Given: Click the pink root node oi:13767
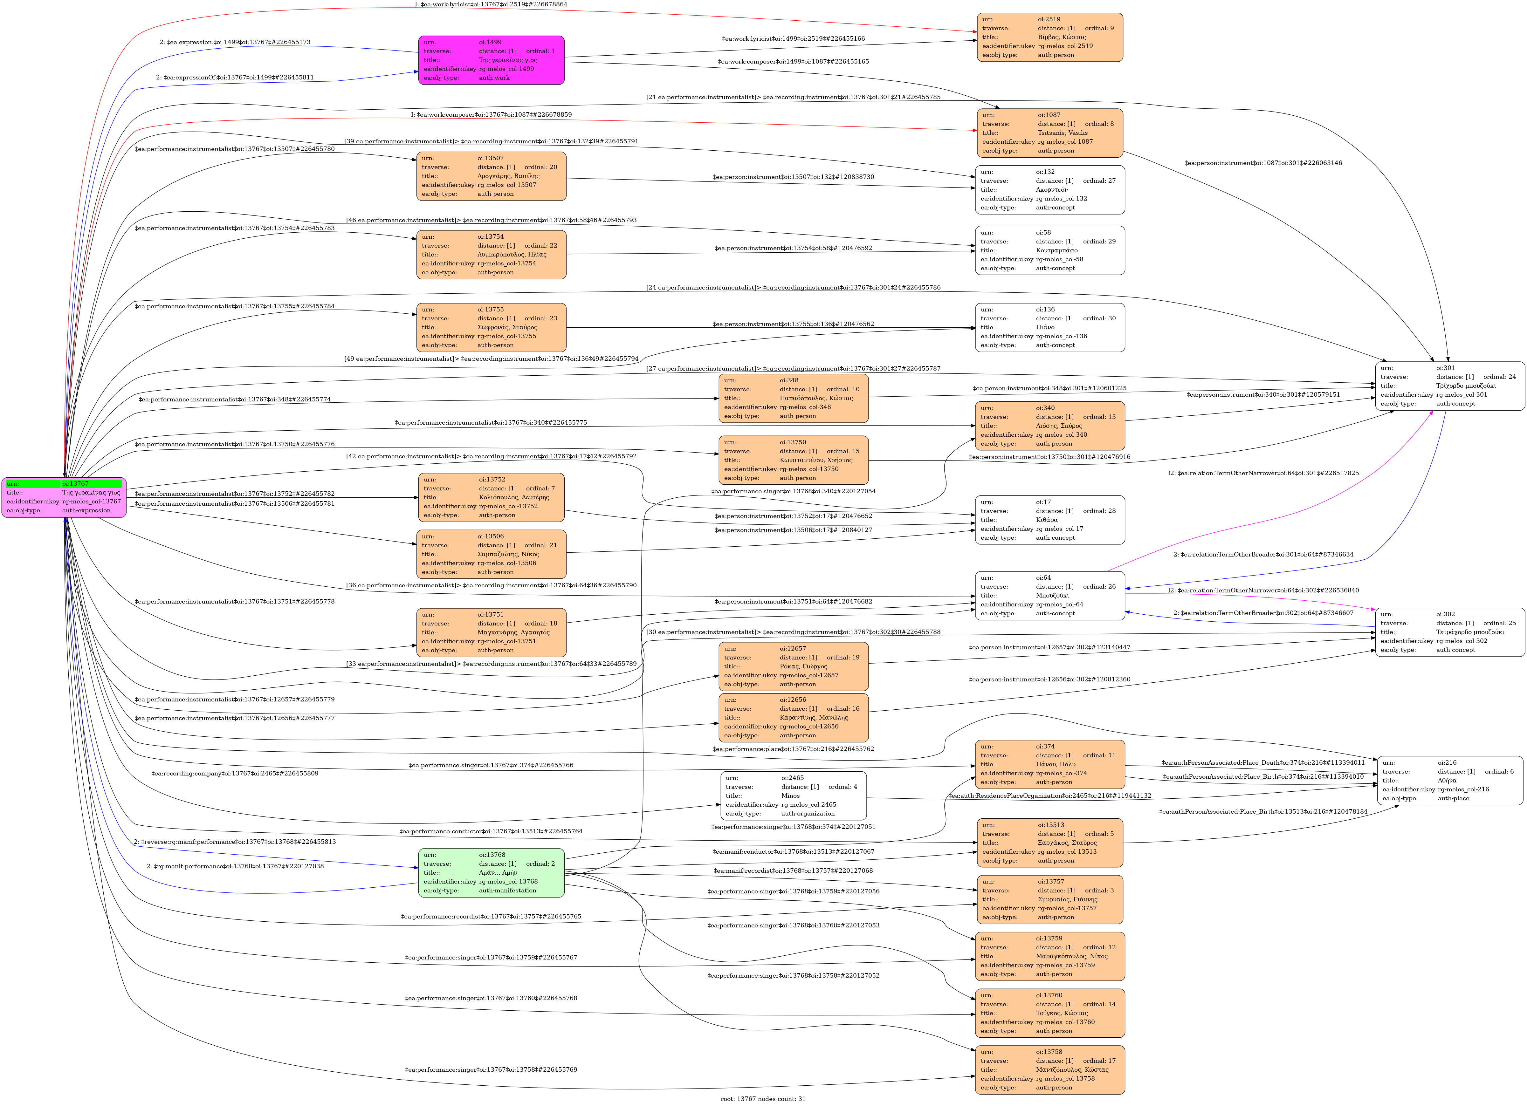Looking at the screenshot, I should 64,497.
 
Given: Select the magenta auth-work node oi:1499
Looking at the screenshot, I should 491,60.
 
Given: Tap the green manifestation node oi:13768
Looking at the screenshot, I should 491,872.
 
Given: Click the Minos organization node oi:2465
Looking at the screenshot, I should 793,796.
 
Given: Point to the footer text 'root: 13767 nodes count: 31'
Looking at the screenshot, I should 763,1099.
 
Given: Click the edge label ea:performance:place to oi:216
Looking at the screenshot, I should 793,748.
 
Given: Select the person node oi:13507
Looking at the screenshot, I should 491,176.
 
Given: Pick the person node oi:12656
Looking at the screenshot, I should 793,718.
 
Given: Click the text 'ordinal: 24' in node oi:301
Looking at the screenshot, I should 1499,377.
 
